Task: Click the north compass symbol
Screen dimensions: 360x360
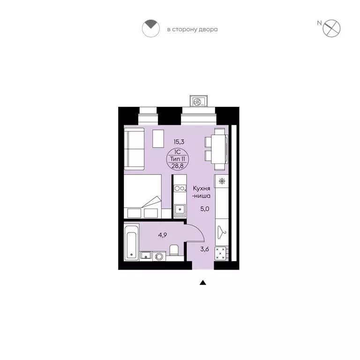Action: (333, 27)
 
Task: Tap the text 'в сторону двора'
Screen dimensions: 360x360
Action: (193, 30)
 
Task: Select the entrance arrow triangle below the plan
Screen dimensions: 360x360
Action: (203, 283)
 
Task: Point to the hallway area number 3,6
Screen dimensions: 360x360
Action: (204, 249)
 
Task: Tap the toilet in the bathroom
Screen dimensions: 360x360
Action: (173, 251)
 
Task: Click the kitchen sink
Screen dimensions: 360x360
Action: (180, 210)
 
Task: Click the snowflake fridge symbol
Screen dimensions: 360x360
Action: (221, 181)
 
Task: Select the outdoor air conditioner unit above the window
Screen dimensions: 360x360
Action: (197, 101)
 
